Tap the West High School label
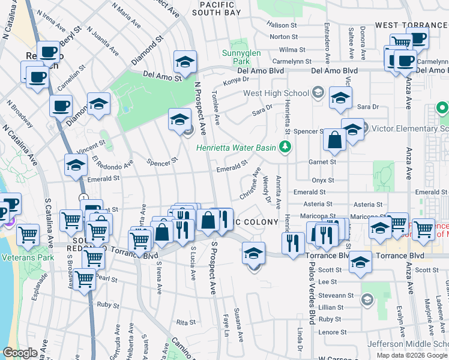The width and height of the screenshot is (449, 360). [x=276, y=93]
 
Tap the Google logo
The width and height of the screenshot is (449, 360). [x=20, y=353]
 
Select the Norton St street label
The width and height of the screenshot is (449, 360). [x=283, y=37]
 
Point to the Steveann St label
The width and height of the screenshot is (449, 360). [x=345, y=295]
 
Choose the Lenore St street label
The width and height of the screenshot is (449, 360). [x=334, y=332]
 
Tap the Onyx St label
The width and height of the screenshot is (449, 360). [x=322, y=180]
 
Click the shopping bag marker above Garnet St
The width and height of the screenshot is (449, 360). [x=333, y=139]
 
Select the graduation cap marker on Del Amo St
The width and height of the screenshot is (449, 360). [x=185, y=61]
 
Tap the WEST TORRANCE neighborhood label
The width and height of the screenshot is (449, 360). [x=411, y=25]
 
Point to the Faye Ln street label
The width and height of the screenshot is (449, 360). [x=226, y=324]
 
